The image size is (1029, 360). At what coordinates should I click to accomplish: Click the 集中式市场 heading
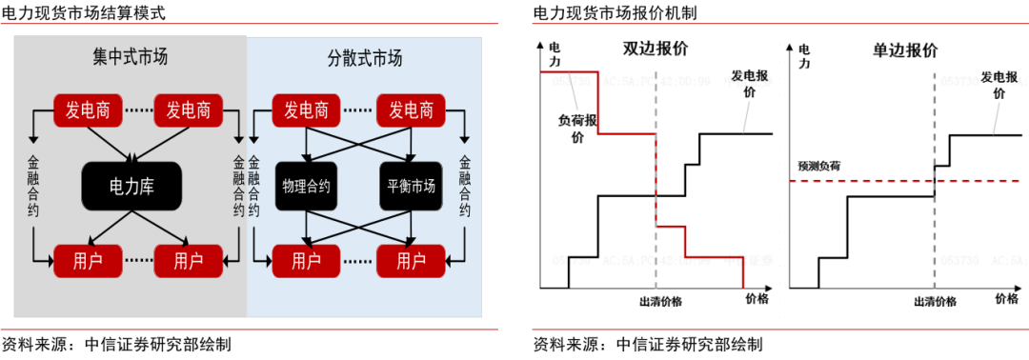click(131, 57)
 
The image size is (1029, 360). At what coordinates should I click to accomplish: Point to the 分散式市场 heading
click(358, 58)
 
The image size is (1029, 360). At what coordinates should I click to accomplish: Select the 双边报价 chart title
click(656, 49)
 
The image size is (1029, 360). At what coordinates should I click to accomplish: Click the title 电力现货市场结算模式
click(84, 13)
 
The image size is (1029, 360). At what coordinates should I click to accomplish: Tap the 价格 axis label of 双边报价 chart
click(758, 299)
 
